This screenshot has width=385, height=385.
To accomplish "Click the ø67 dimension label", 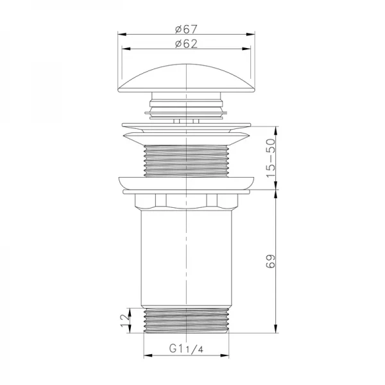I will [x=185, y=28].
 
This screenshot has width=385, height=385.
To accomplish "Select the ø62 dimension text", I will [x=185, y=44].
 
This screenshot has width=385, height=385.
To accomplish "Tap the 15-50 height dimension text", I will [x=271, y=158].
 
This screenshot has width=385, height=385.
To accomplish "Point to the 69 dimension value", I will [x=271, y=261].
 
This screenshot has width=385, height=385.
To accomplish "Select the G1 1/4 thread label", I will [x=185, y=350].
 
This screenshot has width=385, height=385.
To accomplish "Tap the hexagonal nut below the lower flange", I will [x=185, y=202].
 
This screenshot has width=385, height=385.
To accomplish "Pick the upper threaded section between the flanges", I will [x=185, y=160].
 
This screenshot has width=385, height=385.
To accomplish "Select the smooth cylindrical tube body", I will [x=185, y=257].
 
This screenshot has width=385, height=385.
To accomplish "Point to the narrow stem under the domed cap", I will [x=185, y=104].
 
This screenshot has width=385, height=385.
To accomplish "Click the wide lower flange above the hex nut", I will [x=185, y=184].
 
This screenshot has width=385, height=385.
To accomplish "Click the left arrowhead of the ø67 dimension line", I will [x=120, y=35].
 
